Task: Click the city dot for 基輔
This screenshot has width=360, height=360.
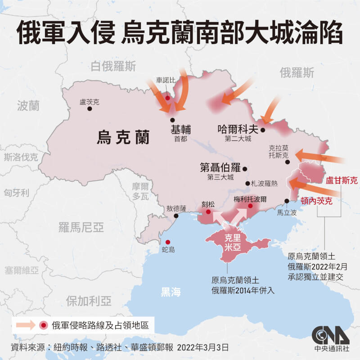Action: pos(172,120)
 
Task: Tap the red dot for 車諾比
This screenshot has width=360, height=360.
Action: pos(167,98)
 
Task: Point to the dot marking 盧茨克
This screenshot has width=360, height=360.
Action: pos(90,109)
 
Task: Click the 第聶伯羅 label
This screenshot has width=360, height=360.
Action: pos(220,168)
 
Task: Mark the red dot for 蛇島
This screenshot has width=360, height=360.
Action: pos(167,242)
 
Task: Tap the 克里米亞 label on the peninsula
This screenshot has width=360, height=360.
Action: pos(233,243)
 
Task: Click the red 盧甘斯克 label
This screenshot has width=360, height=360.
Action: pos(342,181)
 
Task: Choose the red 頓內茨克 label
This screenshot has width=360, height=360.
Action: pos(316,201)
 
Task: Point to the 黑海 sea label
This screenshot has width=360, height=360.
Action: pos(171,292)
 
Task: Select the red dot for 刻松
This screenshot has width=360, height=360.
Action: pos(208,211)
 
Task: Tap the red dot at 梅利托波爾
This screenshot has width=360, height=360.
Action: pos(250,206)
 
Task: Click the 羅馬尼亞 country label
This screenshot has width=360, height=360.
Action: pos(81,227)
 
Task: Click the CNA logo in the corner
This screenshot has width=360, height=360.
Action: pos(331,335)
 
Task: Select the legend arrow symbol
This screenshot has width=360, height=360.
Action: pos(26,325)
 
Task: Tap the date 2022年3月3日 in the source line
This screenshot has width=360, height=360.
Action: pos(203,347)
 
